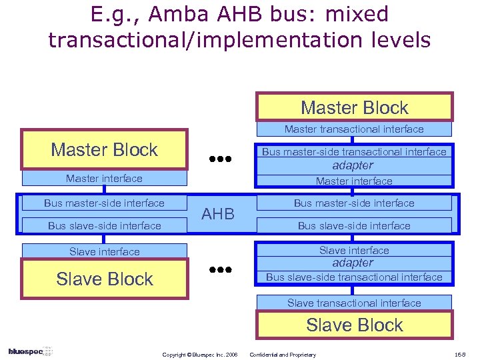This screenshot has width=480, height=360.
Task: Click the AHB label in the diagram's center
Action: click(218, 214)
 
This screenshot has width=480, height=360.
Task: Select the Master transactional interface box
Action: click(354, 129)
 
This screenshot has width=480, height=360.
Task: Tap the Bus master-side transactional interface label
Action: click(354, 151)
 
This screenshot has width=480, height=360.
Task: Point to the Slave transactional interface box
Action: click(354, 303)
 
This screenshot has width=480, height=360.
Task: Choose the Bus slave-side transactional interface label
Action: click(354, 277)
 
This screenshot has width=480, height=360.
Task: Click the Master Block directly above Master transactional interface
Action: click(354, 107)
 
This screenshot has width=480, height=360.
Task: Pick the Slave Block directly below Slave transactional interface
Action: click(354, 325)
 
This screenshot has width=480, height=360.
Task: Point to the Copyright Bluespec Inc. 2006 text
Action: click(200, 355)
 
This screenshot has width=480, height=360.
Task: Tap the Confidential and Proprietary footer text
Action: click(283, 355)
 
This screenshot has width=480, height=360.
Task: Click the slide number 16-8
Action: click(459, 355)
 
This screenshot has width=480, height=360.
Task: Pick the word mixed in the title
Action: click(357, 14)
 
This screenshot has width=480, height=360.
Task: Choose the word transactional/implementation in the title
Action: click(189, 40)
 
